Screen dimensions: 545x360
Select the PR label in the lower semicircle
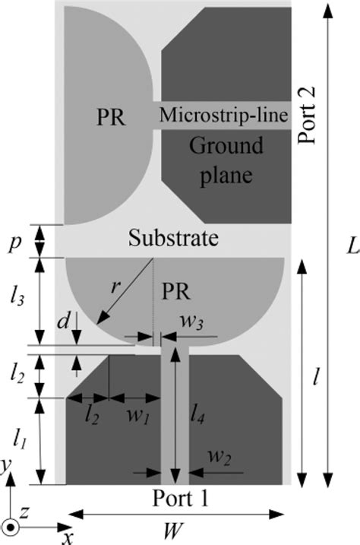click(176, 291)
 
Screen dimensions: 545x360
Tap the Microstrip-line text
click(223, 116)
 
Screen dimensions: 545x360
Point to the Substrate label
click(174, 239)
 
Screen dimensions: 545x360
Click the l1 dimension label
click(21, 439)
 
